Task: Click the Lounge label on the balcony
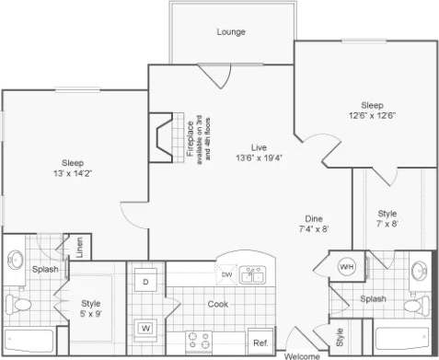(231, 31)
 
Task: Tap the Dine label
(313, 218)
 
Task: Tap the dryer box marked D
(145, 280)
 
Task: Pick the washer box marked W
(145, 327)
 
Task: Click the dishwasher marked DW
(226, 274)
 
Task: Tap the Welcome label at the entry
(302, 355)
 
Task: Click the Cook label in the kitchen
(217, 304)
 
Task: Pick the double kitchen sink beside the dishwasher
(253, 275)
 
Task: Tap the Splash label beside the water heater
(374, 298)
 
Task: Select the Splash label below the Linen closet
(46, 269)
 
